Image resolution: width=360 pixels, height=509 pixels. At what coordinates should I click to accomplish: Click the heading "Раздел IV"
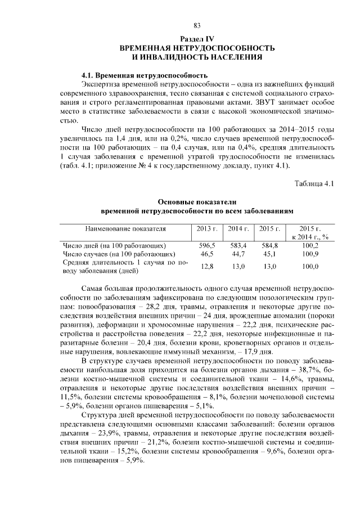197,38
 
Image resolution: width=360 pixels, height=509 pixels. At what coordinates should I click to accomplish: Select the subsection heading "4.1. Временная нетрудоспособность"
145,75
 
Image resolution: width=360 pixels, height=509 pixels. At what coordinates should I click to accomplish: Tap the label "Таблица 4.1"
314,184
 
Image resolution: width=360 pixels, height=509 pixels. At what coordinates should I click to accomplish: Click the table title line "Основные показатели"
197,202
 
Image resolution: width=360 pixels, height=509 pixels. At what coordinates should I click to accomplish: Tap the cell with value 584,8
270,246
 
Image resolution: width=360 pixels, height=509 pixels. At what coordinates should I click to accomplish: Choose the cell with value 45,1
270,254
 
